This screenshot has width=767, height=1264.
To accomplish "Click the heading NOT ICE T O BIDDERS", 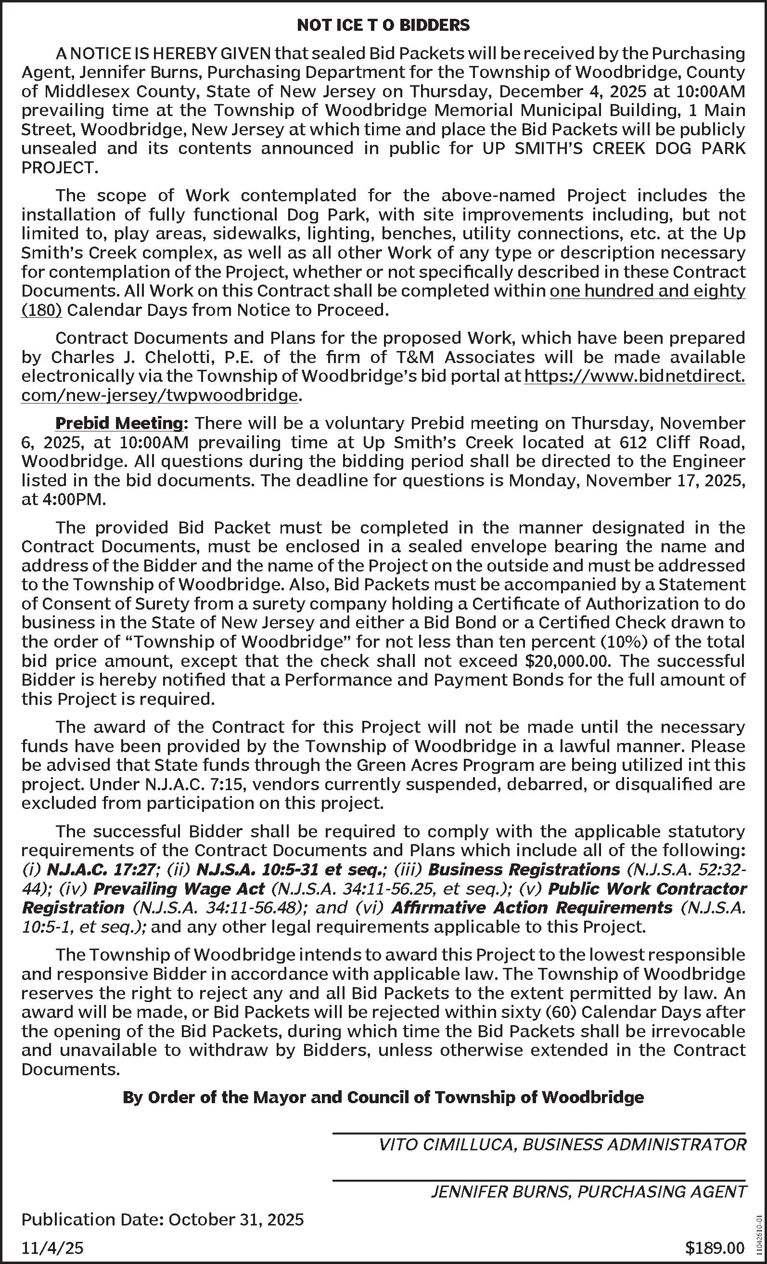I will click(x=383, y=26).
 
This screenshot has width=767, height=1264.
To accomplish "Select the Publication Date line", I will click(x=163, y=1219).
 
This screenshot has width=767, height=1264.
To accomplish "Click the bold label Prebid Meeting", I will click(x=119, y=423).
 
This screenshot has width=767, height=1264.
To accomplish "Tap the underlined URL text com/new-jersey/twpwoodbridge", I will click(x=159, y=395).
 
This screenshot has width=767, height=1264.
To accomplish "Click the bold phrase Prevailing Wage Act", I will click(x=179, y=889).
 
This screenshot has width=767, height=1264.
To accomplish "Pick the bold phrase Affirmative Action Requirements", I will click(x=532, y=908).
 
